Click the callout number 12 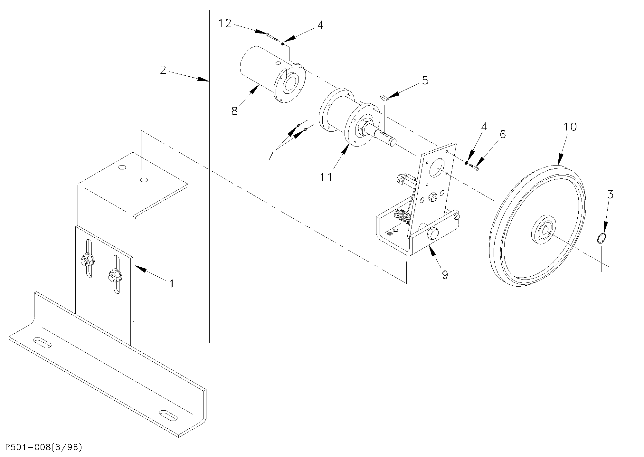[x=225, y=23]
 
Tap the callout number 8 [x=234, y=111]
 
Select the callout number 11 [x=326, y=177]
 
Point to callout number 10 [x=570, y=127]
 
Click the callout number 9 [x=445, y=275]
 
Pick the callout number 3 [x=610, y=195]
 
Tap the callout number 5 [x=425, y=81]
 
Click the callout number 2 [x=164, y=70]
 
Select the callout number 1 [x=172, y=284]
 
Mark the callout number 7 [x=270, y=156]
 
